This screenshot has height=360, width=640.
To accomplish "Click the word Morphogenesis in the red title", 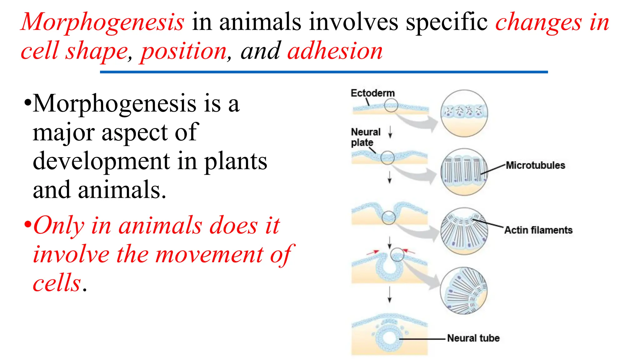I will [x=102, y=22].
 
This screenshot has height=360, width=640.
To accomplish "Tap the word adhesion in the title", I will [x=335, y=52].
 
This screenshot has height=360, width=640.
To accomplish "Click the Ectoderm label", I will [x=372, y=93].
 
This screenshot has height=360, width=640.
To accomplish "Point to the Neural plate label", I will [x=365, y=137].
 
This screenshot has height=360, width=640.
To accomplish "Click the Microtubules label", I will [x=535, y=165].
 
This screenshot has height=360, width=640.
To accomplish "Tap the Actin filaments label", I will [x=538, y=230].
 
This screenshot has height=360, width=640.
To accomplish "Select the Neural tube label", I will [x=473, y=338].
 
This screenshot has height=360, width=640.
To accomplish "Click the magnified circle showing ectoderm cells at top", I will [x=464, y=113].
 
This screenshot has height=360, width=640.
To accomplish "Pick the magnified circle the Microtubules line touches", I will [x=464, y=172].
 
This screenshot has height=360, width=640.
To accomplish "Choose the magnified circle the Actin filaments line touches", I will [x=464, y=231].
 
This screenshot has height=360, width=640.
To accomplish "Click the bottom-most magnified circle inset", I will [x=464, y=291].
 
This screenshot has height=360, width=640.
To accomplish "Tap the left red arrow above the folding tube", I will [x=372, y=252].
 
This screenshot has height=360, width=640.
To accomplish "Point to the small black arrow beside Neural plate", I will [x=390, y=132].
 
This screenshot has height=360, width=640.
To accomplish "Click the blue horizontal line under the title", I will [x=324, y=72].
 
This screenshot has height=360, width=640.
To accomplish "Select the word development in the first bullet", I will [x=101, y=162].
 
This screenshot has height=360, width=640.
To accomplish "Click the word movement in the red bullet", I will [x=209, y=254].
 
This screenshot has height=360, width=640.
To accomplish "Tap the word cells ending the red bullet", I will [x=57, y=283].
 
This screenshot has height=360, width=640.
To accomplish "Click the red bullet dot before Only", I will [x=28, y=224].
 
